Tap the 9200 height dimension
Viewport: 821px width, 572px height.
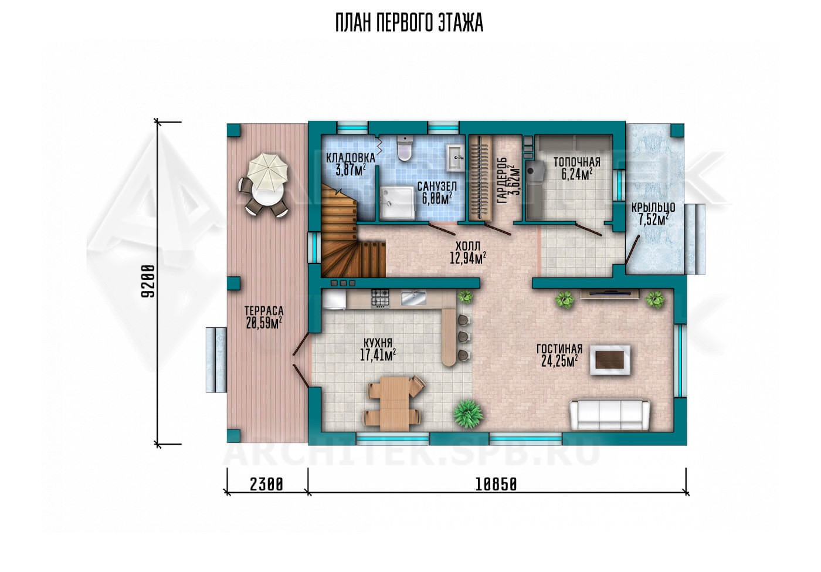[x=149, y=282]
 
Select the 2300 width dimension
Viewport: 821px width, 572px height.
[x=266, y=485]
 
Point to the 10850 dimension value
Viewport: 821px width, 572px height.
[x=496, y=485]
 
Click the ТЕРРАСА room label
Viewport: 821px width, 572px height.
[x=264, y=311]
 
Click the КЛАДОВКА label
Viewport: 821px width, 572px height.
[x=351, y=158]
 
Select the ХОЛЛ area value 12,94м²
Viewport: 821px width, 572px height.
[x=468, y=258]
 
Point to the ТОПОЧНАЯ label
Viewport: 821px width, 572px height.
[x=577, y=162]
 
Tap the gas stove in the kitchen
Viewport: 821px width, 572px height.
[x=381, y=298]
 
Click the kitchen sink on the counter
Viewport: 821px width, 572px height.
[x=414, y=298]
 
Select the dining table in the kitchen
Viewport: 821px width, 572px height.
[x=395, y=404]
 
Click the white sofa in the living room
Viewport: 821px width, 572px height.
[x=609, y=415]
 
